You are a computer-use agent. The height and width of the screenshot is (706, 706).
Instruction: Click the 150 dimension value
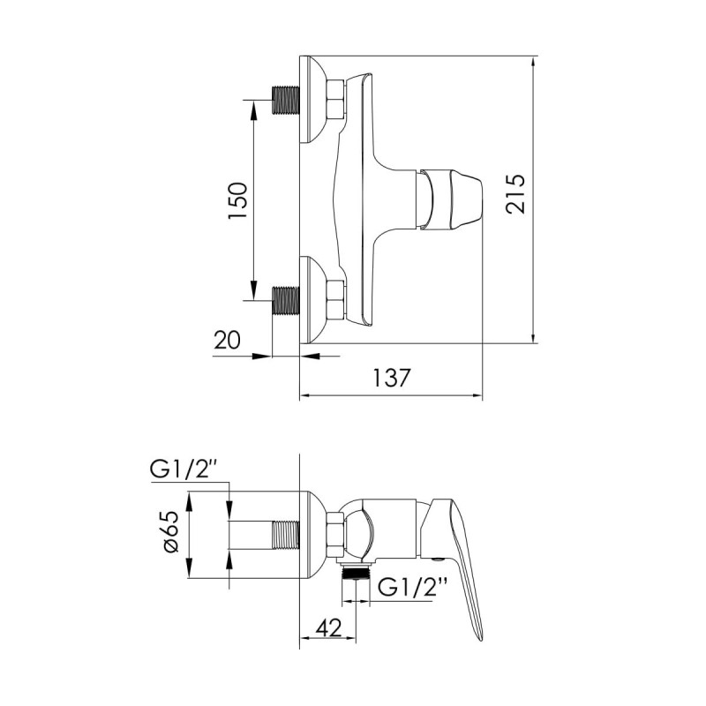(237, 200)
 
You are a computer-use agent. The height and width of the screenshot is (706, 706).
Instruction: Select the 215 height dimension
(515, 193)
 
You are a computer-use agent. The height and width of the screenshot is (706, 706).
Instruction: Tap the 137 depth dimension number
(392, 378)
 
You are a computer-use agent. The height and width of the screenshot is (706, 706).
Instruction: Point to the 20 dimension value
(228, 340)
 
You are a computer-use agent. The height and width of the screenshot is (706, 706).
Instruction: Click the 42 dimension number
(328, 627)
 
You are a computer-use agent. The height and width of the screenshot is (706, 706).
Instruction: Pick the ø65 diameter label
(171, 532)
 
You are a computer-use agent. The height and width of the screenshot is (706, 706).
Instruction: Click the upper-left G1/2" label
(184, 471)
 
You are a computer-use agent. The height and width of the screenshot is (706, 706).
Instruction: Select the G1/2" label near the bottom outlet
(412, 587)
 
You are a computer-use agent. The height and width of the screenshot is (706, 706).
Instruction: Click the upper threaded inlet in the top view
(286, 100)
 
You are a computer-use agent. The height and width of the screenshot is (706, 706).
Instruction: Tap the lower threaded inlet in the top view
(286, 300)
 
